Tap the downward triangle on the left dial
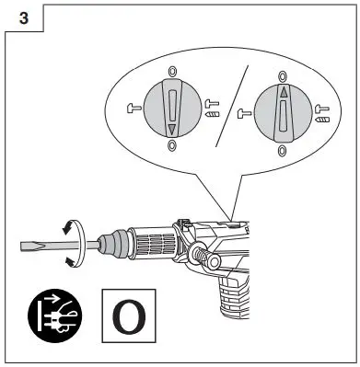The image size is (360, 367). pos(171,131)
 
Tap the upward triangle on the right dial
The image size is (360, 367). pos(283,93)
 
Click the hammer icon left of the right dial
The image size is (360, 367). pos(244,114)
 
